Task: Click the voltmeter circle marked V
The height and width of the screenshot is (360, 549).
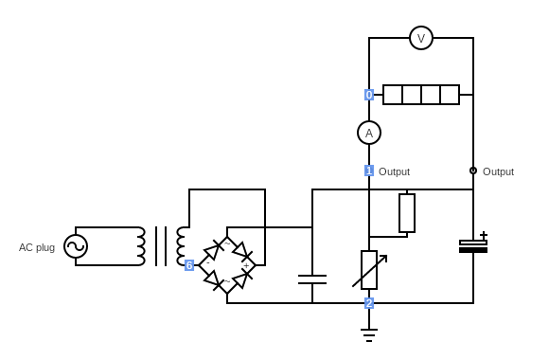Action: pyautogui.click(x=421, y=38)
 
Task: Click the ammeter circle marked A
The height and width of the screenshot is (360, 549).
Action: pyautogui.click(x=369, y=133)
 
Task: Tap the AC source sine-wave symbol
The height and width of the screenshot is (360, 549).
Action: pyautogui.click(x=76, y=246)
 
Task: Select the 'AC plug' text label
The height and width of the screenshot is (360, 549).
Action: pyautogui.click(x=37, y=247)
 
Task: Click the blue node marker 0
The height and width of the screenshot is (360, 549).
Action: pyautogui.click(x=369, y=95)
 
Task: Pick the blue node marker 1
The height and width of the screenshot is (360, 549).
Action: pyautogui.click(x=369, y=171)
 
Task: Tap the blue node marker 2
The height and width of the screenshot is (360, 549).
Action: pyautogui.click(x=369, y=303)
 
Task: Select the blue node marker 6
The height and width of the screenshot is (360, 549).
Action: pyautogui.click(x=189, y=265)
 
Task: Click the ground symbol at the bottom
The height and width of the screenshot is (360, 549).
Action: pyautogui.click(x=369, y=333)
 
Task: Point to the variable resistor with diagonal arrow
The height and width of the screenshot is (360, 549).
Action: pyautogui.click(x=369, y=270)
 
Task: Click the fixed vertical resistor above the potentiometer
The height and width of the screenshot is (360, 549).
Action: pyautogui.click(x=407, y=213)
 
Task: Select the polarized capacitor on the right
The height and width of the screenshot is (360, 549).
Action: pyautogui.click(x=473, y=246)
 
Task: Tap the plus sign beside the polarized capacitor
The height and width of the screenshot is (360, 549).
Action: pyautogui.click(x=484, y=235)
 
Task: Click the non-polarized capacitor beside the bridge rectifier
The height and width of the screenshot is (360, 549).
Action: pyautogui.click(x=312, y=279)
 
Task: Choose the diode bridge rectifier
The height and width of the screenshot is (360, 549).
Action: pyautogui.click(x=228, y=265)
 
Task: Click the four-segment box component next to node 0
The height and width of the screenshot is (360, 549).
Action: pyautogui.click(x=421, y=95)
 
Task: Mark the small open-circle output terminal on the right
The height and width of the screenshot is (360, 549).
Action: pyautogui.click(x=473, y=171)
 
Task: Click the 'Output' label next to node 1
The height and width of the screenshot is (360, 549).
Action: pyautogui.click(x=394, y=171)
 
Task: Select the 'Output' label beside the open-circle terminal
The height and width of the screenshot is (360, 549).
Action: pyautogui.click(x=498, y=171)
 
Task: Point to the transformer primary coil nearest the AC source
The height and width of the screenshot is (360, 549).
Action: pyautogui.click(x=140, y=246)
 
